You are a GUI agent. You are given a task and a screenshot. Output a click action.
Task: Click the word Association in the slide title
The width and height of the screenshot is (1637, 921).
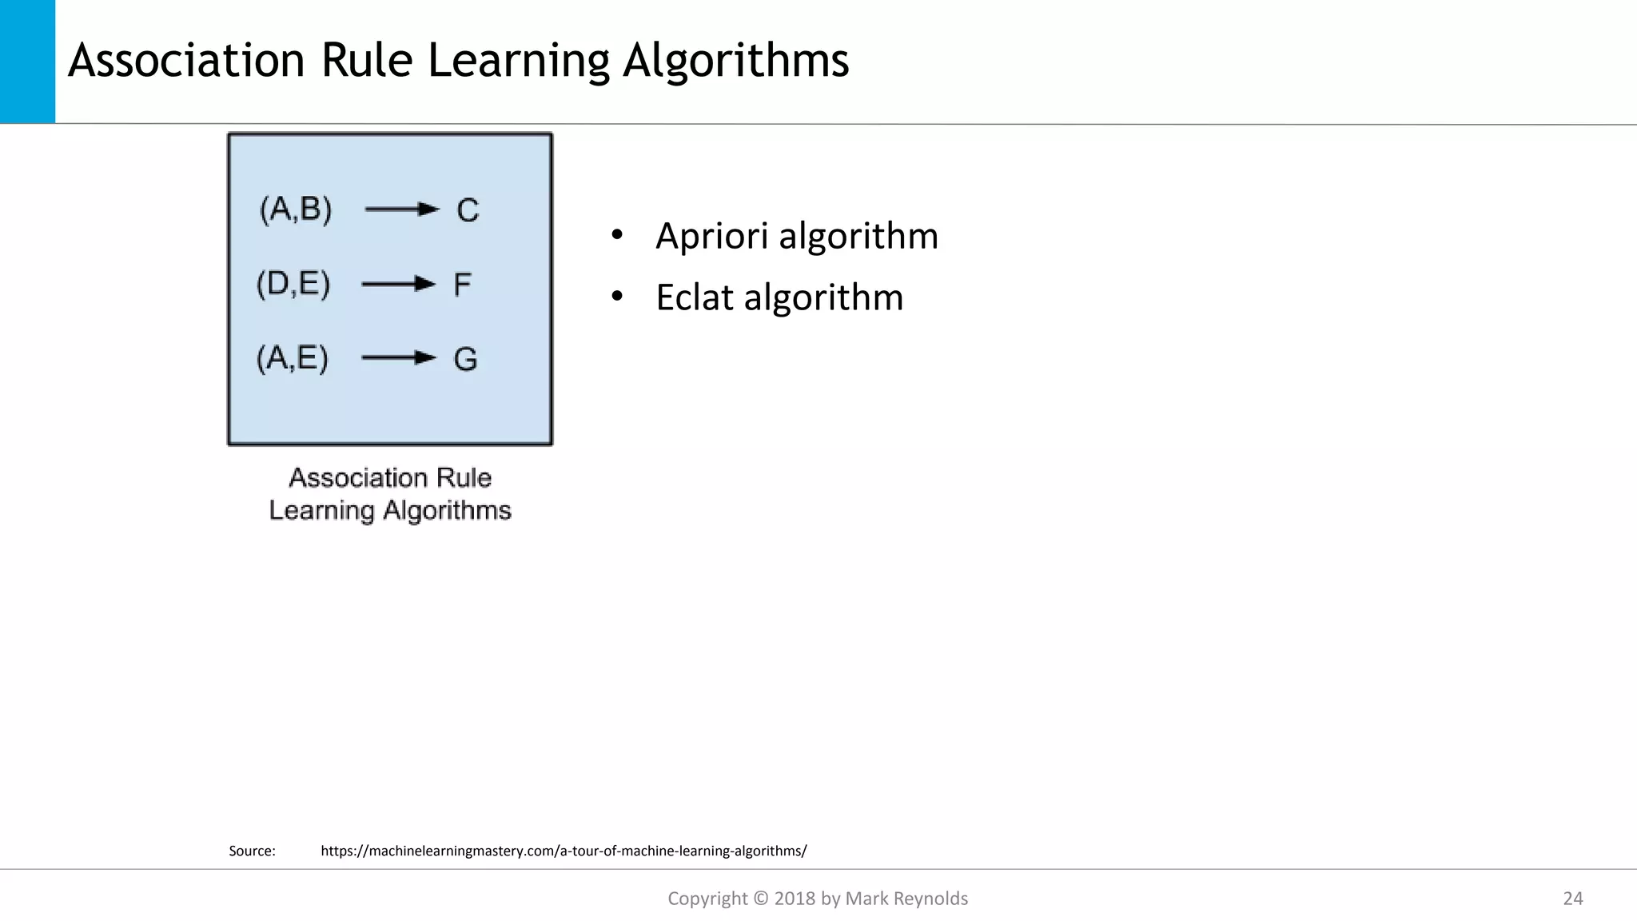tap(186, 60)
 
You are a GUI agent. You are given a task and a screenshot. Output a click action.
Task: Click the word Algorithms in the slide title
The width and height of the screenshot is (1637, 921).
tap(735, 61)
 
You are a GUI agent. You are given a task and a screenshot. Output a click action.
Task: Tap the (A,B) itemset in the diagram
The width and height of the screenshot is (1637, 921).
tap(296, 209)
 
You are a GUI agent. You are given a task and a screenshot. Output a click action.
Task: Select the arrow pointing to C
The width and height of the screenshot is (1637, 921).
tap(402, 209)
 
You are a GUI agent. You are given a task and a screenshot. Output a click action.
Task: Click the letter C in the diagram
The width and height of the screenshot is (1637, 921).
tap(468, 210)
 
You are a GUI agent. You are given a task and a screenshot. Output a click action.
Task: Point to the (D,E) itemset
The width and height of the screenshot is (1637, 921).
tap(293, 284)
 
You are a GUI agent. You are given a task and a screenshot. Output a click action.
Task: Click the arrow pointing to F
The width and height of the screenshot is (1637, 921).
tap(399, 284)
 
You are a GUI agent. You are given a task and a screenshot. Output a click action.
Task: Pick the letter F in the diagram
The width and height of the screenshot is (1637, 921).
tap(463, 285)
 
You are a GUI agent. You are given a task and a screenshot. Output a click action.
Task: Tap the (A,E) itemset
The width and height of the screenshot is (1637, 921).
tap(293, 357)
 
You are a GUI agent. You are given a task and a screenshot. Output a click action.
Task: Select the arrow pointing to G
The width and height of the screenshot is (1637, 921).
tap(399, 357)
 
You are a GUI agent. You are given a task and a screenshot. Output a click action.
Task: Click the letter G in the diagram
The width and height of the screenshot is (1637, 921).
tap(465, 359)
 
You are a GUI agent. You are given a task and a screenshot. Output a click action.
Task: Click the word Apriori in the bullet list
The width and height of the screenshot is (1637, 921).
tap(711, 236)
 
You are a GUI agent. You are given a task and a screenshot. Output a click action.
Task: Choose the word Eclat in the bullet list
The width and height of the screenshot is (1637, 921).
tap(695, 297)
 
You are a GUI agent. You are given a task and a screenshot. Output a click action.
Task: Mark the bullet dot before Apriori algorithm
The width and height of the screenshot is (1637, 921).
tap(616, 235)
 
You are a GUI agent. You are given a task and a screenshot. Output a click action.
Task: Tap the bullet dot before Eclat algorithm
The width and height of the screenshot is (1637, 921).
tap(616, 297)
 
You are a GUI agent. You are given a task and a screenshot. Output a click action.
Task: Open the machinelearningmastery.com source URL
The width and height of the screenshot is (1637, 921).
tap(564, 851)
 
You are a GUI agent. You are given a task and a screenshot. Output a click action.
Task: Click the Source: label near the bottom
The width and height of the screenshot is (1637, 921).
tap(252, 851)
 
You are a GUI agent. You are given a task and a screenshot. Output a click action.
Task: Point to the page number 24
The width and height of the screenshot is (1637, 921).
tap(1572, 899)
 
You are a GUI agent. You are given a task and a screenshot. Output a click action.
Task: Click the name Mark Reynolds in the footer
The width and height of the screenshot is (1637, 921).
tap(906, 899)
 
